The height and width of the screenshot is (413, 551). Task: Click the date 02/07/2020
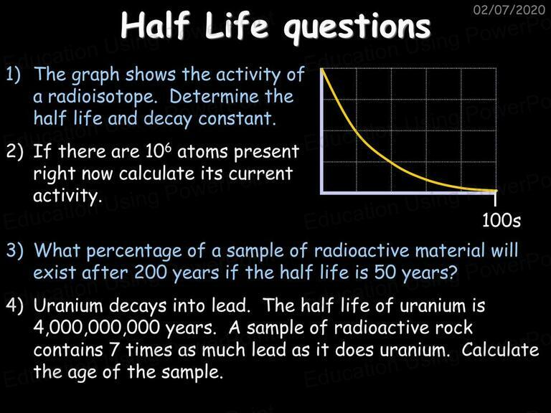point(509,9)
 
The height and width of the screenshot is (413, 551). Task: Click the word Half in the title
point(155,25)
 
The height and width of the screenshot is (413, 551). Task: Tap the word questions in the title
point(357,28)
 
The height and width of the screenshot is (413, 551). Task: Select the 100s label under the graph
point(501,221)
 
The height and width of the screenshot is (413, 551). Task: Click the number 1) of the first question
point(14,75)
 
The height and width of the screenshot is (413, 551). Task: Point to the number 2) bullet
point(15,152)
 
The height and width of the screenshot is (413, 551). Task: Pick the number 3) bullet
point(15,251)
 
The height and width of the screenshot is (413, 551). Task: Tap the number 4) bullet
point(15,305)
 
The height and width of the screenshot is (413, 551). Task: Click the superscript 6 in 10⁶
point(169,147)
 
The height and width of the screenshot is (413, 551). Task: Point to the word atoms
point(203,153)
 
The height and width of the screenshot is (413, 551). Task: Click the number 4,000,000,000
point(97,328)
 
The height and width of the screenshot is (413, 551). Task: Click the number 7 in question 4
point(113,350)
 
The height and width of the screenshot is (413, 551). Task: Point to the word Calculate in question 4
point(499,350)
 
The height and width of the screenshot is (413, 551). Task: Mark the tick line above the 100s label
point(495,199)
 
